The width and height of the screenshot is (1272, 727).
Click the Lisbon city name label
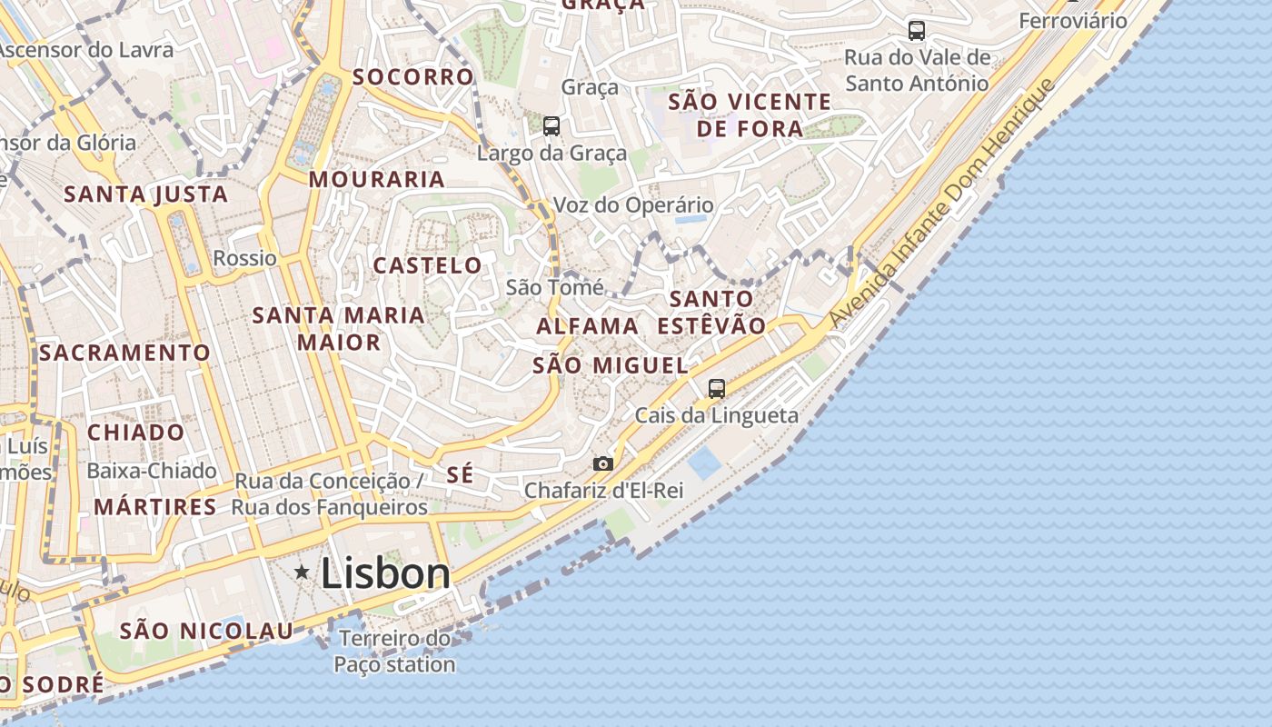click(x=385, y=573)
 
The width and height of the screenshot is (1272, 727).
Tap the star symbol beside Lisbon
click(x=302, y=572)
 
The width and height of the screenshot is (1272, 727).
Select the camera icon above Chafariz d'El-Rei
click(x=602, y=463)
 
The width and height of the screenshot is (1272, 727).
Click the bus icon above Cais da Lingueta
click(x=717, y=389)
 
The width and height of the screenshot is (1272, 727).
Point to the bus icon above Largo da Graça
click(x=552, y=126)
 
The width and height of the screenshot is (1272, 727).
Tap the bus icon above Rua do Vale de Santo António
click(x=917, y=31)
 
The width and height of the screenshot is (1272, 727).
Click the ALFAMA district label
click(x=587, y=326)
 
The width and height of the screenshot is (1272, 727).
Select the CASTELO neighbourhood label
click(x=428, y=265)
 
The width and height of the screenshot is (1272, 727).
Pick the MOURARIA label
click(x=377, y=180)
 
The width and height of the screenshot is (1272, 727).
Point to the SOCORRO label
click(x=413, y=77)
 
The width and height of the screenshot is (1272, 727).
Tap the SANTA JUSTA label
click(x=145, y=194)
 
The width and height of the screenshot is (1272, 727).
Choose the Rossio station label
click(x=244, y=258)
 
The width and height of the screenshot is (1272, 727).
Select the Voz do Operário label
click(x=633, y=205)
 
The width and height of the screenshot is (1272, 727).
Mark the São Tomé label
click(x=554, y=288)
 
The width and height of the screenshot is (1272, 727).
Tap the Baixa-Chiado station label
click(x=152, y=471)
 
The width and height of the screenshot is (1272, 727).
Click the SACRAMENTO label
click(x=124, y=353)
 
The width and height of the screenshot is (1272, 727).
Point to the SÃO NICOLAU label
click(x=206, y=631)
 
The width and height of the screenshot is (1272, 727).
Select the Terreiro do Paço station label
click(x=394, y=652)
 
